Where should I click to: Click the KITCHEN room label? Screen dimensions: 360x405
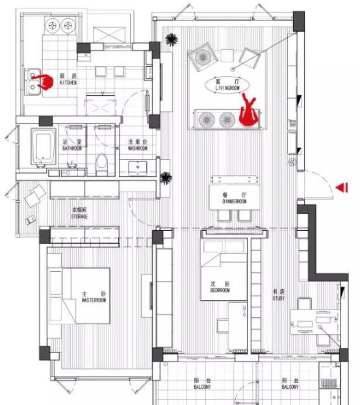point(68,83)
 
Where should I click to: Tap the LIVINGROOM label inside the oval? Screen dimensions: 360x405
point(227,88)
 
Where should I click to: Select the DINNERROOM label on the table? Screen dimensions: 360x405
point(235,202)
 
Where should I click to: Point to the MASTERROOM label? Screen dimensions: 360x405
point(94,300)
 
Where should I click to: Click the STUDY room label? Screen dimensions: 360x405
point(278,298)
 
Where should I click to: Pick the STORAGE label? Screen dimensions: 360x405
point(79,216)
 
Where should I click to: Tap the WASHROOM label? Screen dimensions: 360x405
point(138,148)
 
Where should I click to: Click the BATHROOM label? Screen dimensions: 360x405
point(72,148)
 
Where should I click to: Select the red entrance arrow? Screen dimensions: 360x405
point(342,187)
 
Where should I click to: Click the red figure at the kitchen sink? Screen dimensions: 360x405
point(44,82)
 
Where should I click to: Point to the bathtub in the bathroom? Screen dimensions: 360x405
point(44,146)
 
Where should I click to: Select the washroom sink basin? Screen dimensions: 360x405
point(138,168)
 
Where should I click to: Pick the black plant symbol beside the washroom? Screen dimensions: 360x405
point(166,178)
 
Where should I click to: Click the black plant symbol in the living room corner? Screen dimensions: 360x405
point(172,40)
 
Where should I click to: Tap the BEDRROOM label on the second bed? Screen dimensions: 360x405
point(220,291)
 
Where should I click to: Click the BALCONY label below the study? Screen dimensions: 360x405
point(290,387)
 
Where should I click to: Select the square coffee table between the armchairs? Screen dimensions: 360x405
point(227,55)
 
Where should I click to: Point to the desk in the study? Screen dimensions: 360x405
point(315,322)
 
